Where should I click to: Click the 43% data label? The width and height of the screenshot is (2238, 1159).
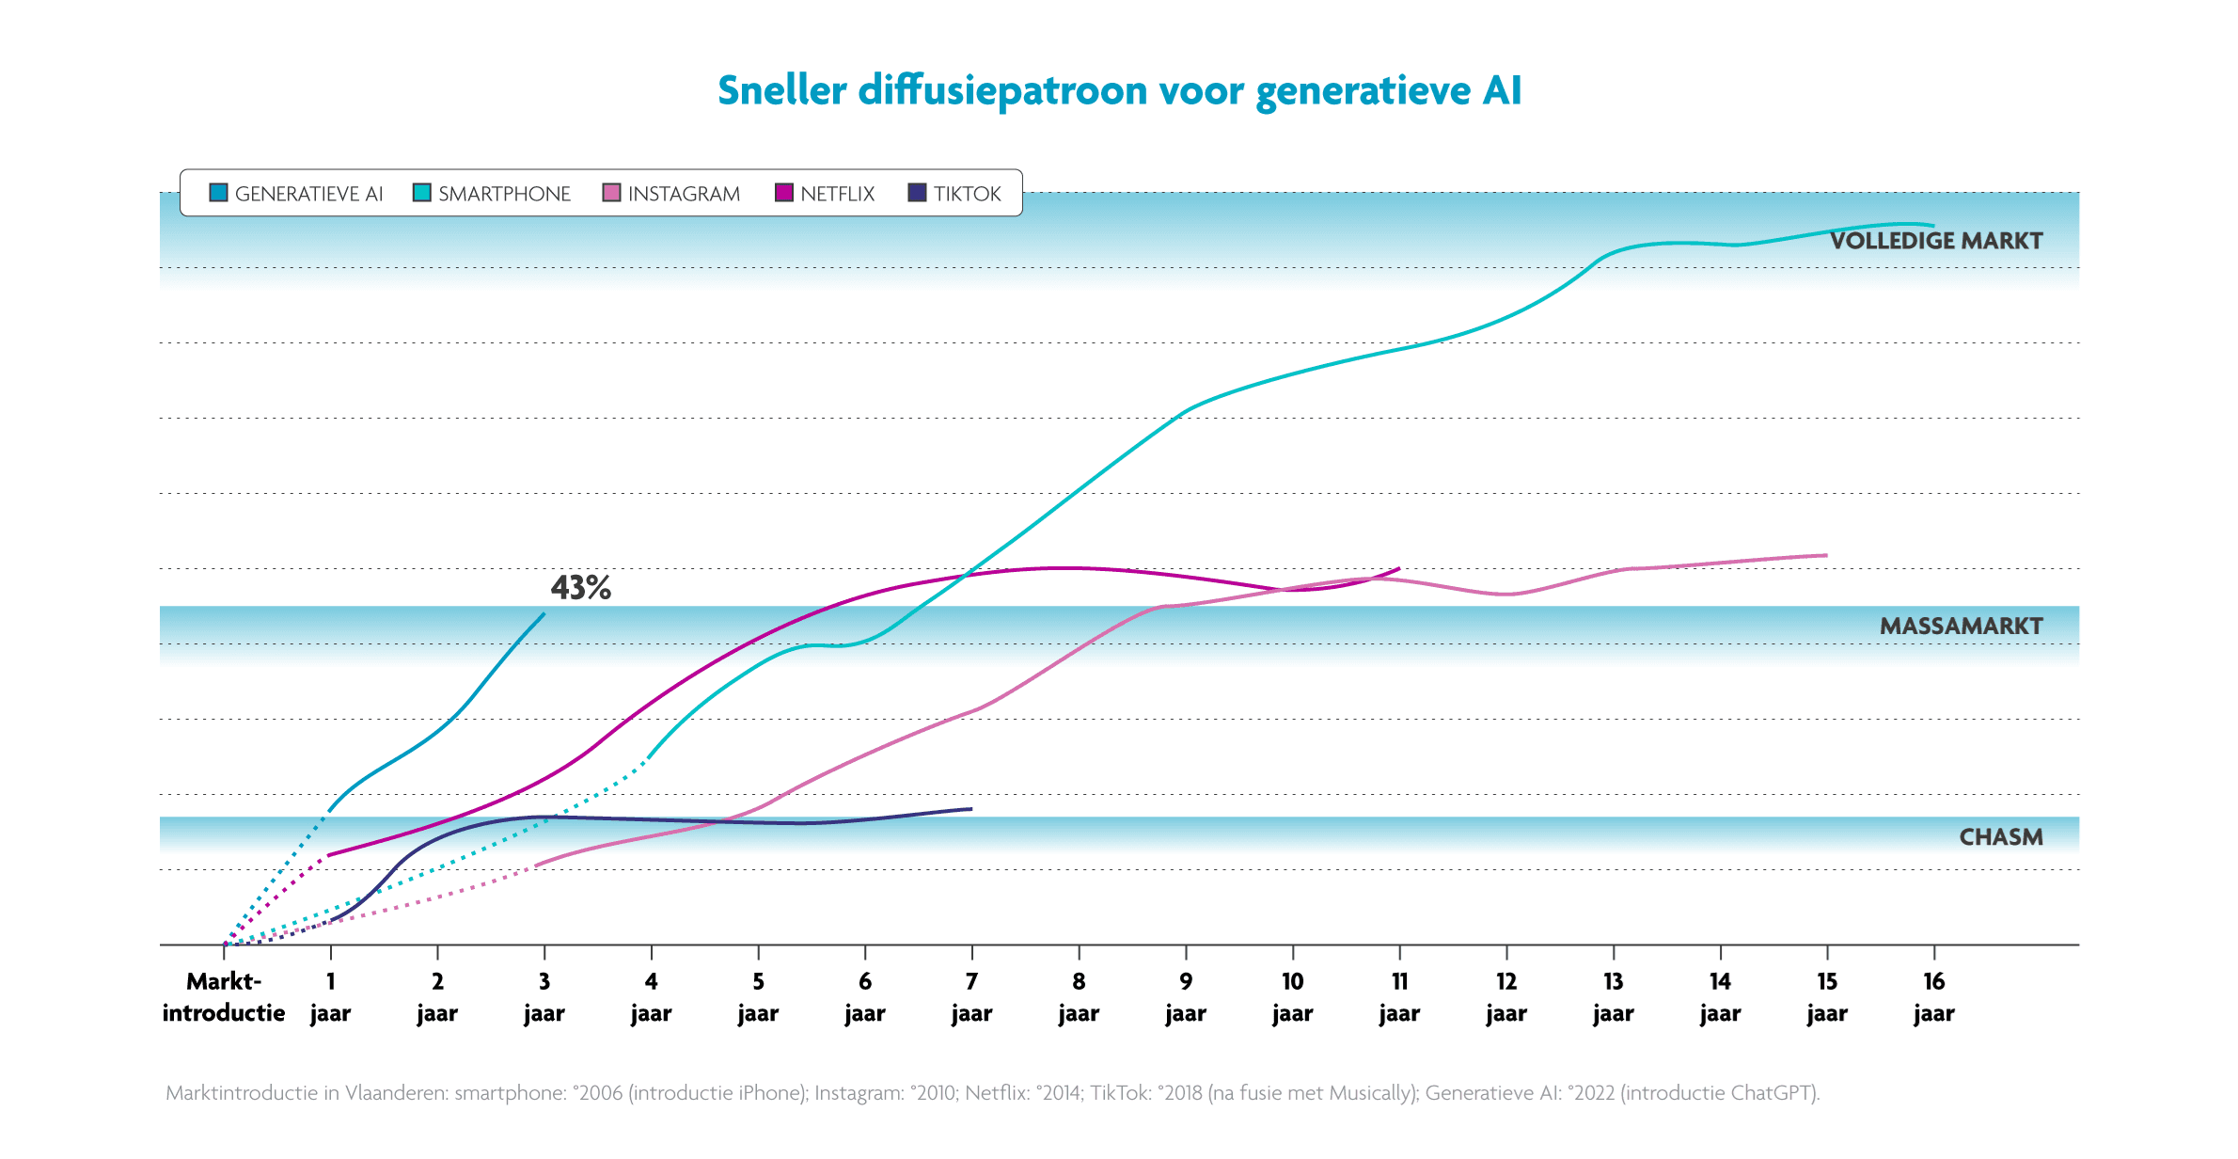(580, 588)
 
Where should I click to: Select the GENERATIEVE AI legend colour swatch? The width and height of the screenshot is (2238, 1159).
(218, 193)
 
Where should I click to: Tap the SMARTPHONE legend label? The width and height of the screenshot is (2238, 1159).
(504, 194)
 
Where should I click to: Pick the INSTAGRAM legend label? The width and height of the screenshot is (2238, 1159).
(684, 194)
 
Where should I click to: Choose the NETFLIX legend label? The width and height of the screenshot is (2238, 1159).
(837, 194)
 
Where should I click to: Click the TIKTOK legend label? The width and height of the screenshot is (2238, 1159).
(967, 194)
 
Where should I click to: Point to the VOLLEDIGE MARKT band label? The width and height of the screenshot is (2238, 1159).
(1935, 241)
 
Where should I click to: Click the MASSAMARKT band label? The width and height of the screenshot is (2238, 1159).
(1961, 627)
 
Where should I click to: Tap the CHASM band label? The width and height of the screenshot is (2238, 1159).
(2000, 837)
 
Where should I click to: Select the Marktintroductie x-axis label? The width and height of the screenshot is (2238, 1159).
(224, 997)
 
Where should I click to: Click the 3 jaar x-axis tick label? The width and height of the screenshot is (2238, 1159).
(544, 997)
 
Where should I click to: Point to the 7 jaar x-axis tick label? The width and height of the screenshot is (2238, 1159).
(971, 997)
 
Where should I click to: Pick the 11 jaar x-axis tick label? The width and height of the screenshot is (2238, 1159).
(1399, 997)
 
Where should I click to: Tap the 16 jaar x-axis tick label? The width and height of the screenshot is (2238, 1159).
(1933, 997)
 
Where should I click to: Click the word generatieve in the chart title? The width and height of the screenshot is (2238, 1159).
(1363, 91)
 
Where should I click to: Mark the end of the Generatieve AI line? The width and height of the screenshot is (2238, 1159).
(544, 614)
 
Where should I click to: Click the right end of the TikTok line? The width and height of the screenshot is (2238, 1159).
(971, 809)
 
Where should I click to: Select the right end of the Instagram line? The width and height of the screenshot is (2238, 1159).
(1826, 556)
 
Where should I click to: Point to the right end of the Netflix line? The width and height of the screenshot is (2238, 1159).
(1399, 569)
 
